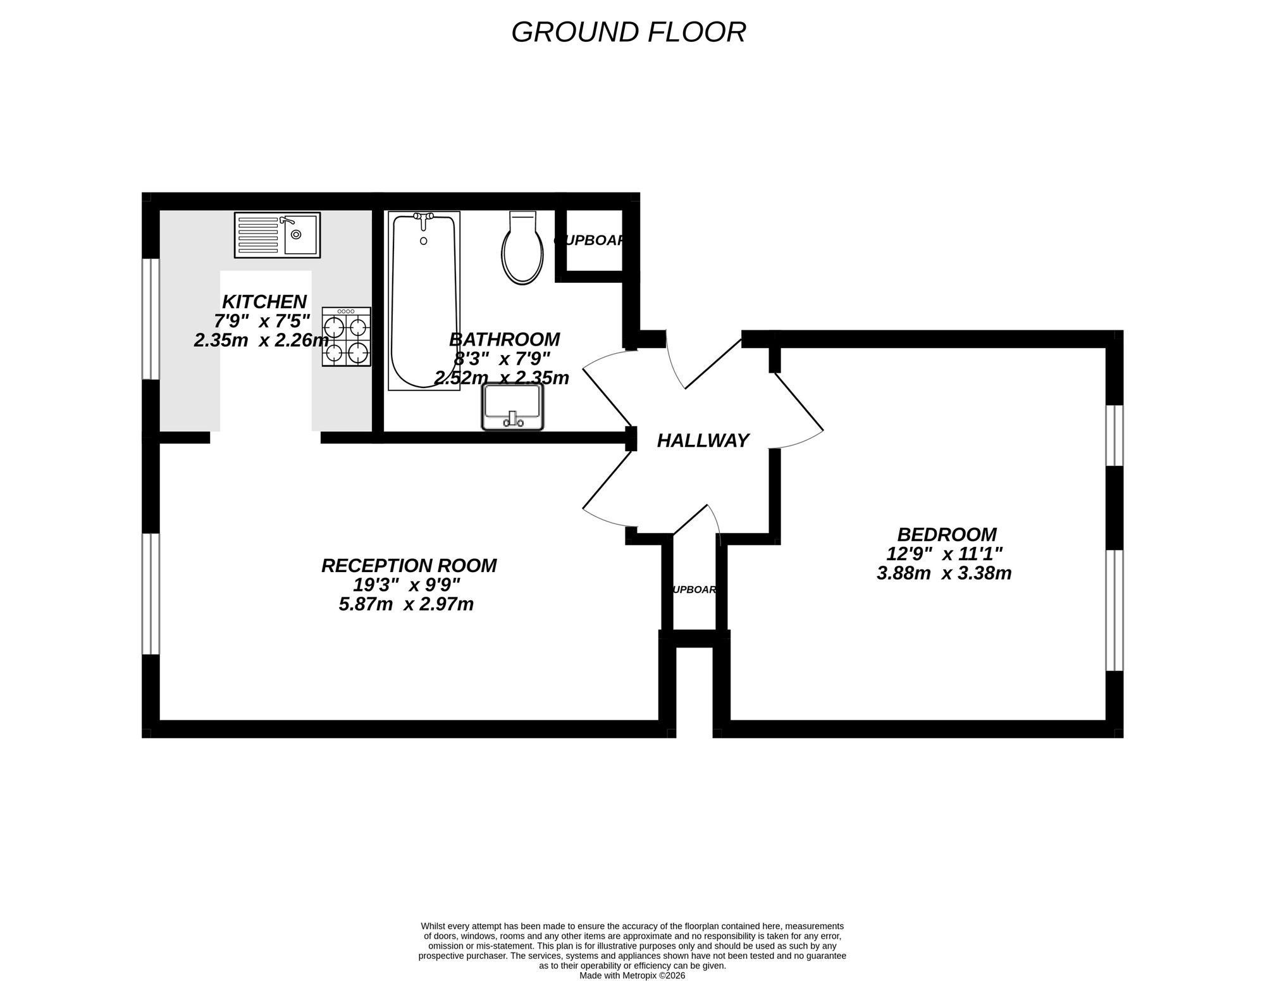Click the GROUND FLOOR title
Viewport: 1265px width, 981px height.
click(x=628, y=32)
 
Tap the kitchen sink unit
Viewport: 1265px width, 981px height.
click(x=277, y=235)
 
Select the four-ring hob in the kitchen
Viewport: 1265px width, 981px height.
click(x=346, y=337)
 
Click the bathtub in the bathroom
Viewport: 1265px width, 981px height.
click(x=424, y=301)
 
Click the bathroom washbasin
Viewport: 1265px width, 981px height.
click(x=512, y=407)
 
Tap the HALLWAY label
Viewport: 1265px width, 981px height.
click(x=703, y=441)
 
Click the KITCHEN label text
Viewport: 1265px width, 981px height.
click(x=264, y=301)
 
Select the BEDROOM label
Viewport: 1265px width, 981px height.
click(x=946, y=535)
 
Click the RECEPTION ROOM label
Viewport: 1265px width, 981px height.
click(x=409, y=566)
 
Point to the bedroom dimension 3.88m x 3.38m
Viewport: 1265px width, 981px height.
click(x=944, y=573)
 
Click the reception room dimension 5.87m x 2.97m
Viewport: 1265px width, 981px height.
click(x=406, y=604)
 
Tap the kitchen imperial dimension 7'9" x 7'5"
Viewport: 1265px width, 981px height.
click(x=262, y=321)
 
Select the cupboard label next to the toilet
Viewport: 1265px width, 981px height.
click(x=590, y=241)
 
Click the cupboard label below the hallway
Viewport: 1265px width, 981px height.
click(x=694, y=590)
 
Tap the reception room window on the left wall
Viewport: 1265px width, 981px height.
click(x=150, y=594)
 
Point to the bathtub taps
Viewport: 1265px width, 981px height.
click(x=424, y=217)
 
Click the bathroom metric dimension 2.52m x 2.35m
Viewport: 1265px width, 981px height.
click(x=502, y=378)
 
